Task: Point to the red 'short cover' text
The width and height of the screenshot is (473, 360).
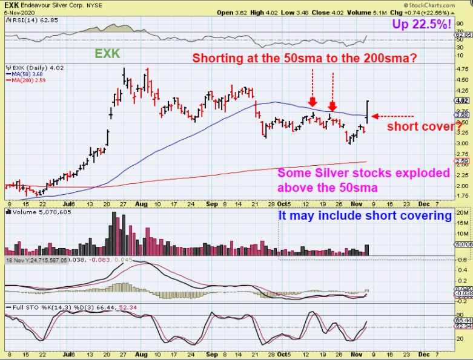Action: tap(420, 126)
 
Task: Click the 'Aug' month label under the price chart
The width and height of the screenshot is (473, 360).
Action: tap(141, 205)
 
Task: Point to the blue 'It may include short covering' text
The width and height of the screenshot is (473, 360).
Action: tap(365, 215)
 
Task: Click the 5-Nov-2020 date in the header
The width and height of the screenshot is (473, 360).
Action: tap(17, 11)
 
